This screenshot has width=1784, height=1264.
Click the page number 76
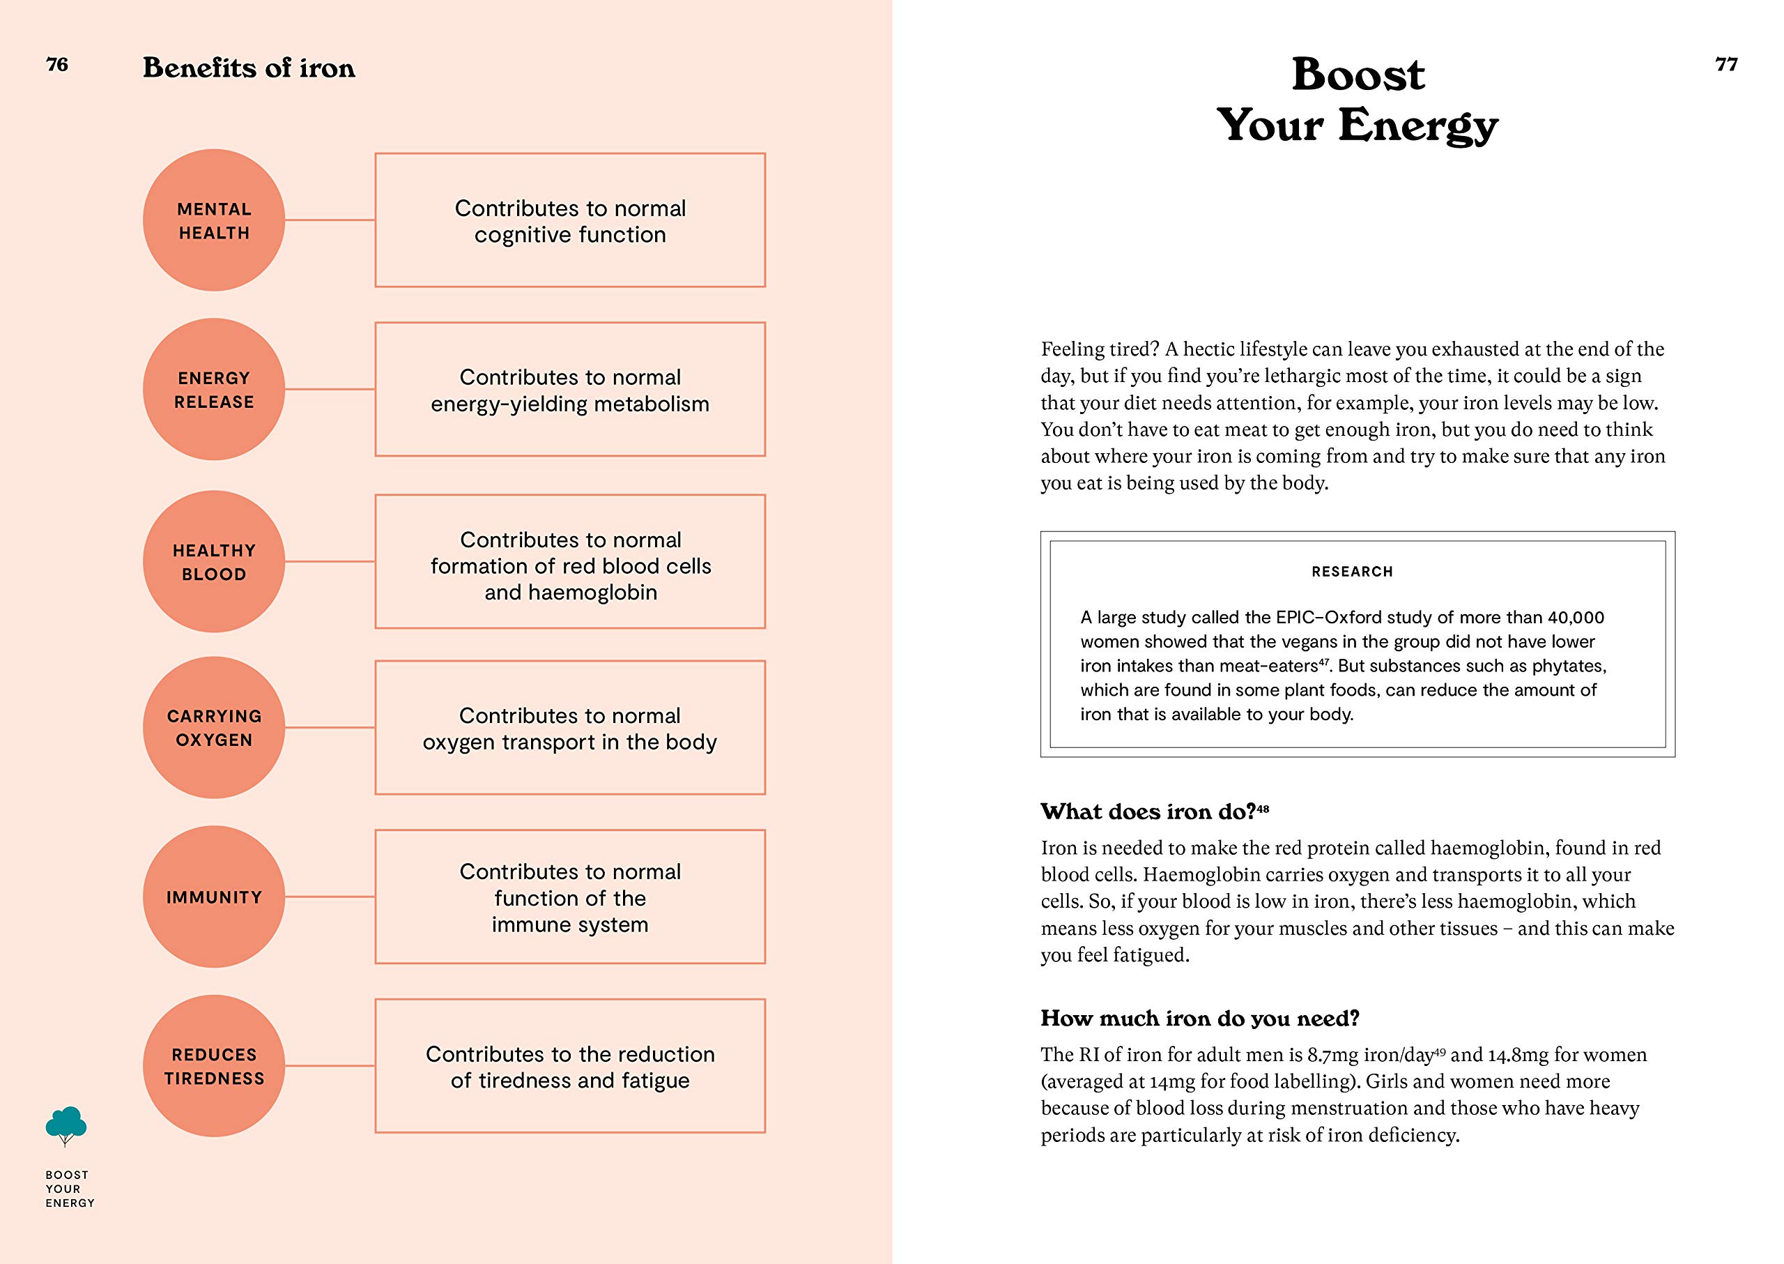(57, 65)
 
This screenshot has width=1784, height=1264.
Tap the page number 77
(1725, 65)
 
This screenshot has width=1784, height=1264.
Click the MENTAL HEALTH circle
(214, 220)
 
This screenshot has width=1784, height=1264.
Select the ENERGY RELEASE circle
(214, 389)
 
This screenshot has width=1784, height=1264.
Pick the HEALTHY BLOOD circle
(214, 561)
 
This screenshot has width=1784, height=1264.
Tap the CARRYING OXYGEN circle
(214, 727)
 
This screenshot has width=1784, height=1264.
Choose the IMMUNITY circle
(214, 897)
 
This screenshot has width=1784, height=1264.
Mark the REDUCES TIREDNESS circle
(214, 1065)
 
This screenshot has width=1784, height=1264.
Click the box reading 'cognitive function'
(569, 220)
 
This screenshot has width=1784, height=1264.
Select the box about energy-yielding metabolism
(569, 389)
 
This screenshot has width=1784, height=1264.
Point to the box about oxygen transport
(569, 728)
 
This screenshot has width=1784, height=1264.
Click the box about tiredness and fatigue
(569, 1066)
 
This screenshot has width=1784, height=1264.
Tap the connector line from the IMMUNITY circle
(330, 897)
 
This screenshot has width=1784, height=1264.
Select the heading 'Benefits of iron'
(249, 68)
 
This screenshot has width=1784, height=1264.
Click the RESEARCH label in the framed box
(1352, 571)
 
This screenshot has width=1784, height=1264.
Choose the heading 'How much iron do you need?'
(1200, 1018)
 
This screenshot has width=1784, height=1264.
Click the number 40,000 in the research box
(1576, 617)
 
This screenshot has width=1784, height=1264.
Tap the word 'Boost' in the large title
(1358, 75)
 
